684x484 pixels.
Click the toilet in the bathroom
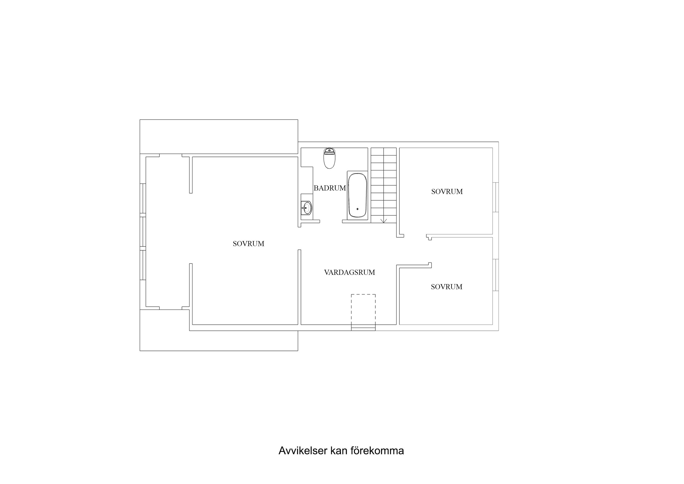click(329, 159)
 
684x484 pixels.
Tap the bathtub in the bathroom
click(357, 195)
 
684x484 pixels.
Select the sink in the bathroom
click(307, 208)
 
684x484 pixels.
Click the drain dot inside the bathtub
click(357, 209)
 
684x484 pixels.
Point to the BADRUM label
click(330, 188)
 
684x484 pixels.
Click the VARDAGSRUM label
click(350, 272)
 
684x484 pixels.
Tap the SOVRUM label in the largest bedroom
click(249, 244)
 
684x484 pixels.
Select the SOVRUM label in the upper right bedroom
click(447, 191)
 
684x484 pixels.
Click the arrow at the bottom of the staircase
click(384, 221)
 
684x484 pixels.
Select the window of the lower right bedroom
click(495, 275)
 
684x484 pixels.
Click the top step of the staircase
click(384, 151)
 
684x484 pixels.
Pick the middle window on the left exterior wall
click(143, 232)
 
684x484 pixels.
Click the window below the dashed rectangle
click(363, 328)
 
